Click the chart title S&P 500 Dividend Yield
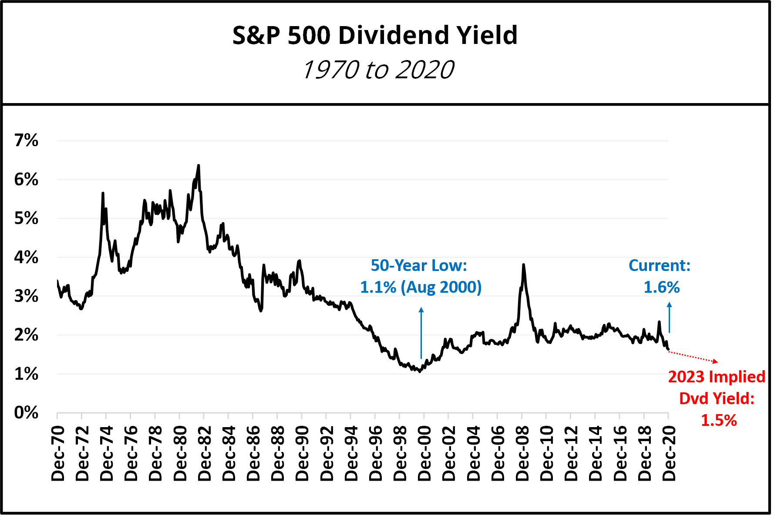[375, 35]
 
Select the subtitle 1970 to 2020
[378, 70]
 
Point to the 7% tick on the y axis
[26, 140]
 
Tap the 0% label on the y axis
[26, 412]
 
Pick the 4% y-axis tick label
[26, 257]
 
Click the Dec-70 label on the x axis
[58, 453]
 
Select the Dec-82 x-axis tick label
[205, 453]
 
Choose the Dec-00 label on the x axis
[424, 453]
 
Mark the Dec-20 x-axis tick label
[669, 453]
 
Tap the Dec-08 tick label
[522, 453]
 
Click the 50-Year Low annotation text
[419, 265]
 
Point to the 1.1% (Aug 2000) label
[421, 287]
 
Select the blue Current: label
[660, 265]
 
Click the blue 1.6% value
[662, 287]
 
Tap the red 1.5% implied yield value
[719, 420]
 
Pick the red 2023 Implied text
[717, 377]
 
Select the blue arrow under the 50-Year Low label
[421, 333]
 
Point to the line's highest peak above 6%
[199, 166]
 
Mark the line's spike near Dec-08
[523, 264]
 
